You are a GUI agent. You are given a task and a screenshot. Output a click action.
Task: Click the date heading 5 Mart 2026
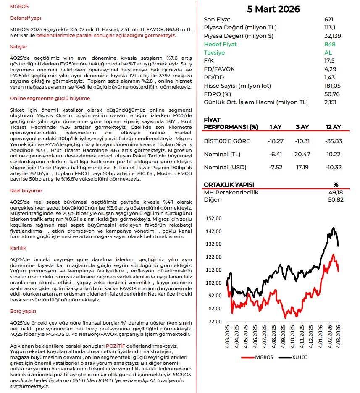(x=273, y=9)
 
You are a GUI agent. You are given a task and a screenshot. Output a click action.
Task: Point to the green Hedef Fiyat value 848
(x=330, y=44)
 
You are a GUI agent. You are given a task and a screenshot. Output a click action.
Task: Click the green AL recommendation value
(x=328, y=52)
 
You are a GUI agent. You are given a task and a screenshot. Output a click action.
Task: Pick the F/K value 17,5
(x=329, y=61)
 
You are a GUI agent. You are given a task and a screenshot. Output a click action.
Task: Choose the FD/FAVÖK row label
(x=218, y=69)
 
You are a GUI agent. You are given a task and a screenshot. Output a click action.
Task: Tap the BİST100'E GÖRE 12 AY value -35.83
(x=333, y=141)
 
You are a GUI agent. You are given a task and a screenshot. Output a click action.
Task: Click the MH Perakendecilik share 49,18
(x=335, y=192)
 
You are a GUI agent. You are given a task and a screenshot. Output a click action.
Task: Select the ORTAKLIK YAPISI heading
(x=229, y=185)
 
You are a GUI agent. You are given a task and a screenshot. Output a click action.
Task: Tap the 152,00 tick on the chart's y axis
(x=214, y=218)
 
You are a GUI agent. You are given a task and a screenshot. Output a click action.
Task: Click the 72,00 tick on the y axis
(x=214, y=322)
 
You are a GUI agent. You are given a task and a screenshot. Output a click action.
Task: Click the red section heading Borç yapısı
(x=23, y=311)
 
